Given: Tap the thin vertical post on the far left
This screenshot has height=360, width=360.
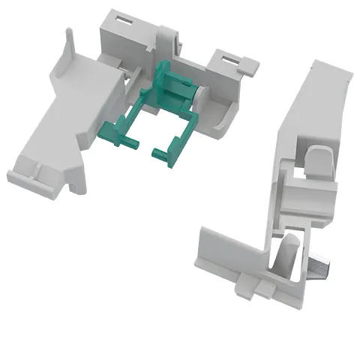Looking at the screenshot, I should click(70, 41).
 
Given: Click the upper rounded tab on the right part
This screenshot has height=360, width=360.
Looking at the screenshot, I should click(317, 157).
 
